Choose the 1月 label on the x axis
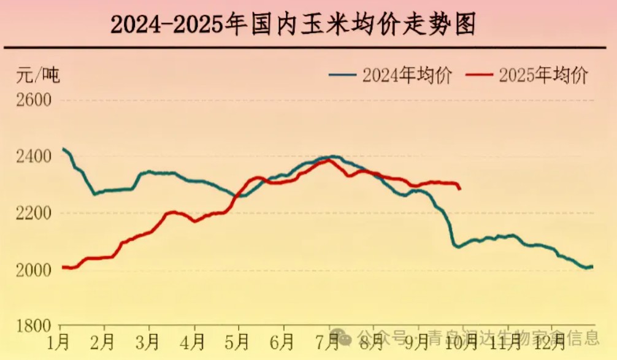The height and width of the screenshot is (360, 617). click(x=60, y=339)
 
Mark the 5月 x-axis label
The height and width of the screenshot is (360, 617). click(x=239, y=339)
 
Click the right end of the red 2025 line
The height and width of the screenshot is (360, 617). click(x=460, y=188)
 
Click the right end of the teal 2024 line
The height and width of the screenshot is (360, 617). click(x=592, y=266)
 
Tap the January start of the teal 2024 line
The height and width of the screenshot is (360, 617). click(x=63, y=149)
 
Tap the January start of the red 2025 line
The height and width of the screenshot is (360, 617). click(x=63, y=267)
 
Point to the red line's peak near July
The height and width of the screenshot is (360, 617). click(x=328, y=160)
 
